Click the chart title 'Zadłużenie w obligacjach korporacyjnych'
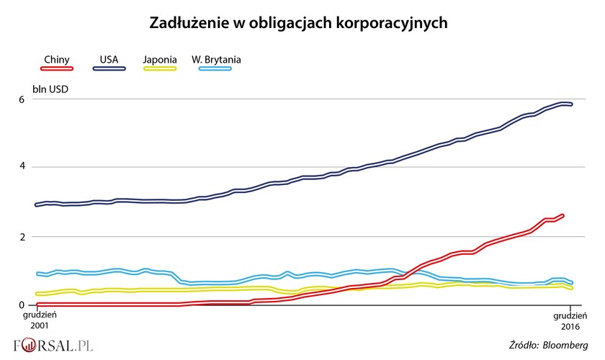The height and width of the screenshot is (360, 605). pos(299,23)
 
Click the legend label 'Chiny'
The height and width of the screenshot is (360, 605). pos(57,60)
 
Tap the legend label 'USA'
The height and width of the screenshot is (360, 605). pos(109,60)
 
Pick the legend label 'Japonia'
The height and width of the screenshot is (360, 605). pos(160,60)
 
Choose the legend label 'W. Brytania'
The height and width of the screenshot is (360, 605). pos(216,60)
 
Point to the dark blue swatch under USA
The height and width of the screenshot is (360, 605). pos(109,68)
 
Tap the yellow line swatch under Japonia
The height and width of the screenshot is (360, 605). pos(159,68)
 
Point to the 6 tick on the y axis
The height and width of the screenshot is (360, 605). pos(22,99)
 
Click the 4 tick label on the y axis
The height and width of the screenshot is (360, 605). pos(22,167)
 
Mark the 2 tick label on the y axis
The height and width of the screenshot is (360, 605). pos(22,236)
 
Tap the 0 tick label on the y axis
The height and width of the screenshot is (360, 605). pos(22,305)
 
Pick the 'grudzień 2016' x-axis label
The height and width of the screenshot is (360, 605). pos(570,320)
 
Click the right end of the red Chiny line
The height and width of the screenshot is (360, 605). pos(563,215)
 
